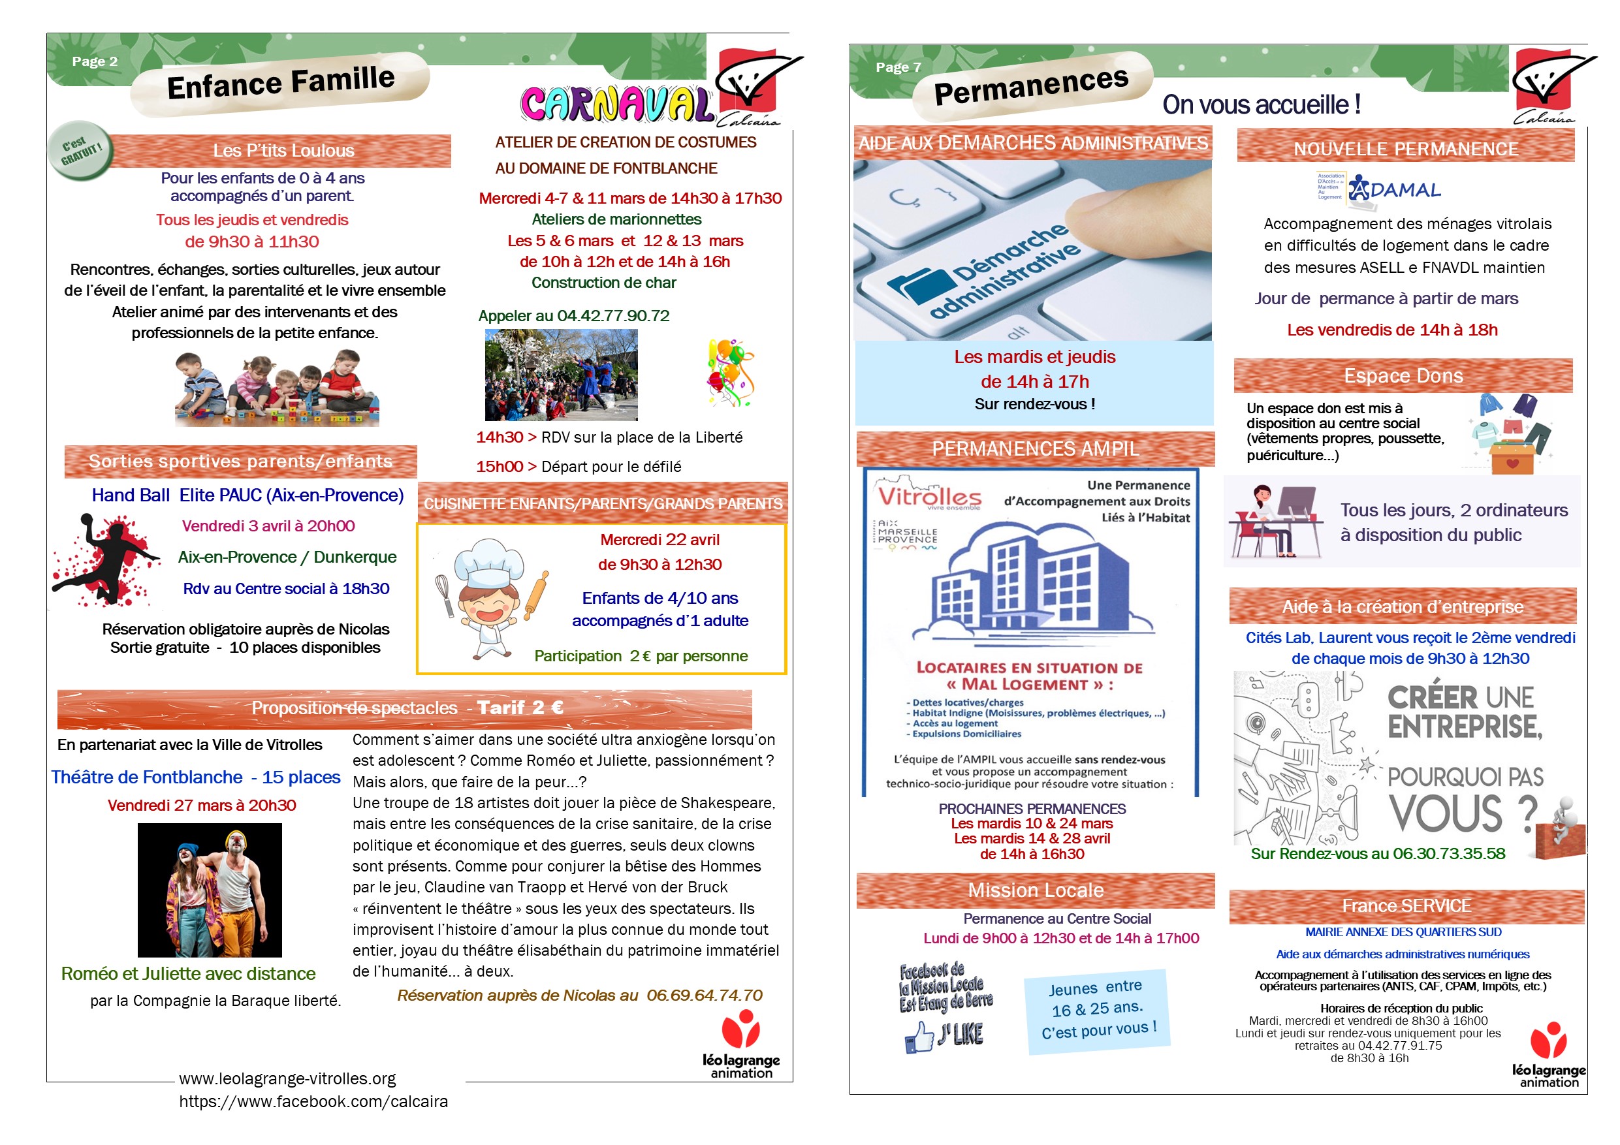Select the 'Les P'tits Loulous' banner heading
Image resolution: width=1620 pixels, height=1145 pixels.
[283, 150]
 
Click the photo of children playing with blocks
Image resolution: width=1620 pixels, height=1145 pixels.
[277, 390]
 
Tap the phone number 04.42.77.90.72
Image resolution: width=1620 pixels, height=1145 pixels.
[613, 316]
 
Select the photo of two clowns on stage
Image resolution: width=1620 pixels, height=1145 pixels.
[210, 890]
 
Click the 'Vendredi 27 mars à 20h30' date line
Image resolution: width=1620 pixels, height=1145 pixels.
[202, 805]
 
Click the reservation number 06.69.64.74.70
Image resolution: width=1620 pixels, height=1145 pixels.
[704, 996]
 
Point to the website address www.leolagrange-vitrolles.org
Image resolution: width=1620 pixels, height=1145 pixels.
[287, 1078]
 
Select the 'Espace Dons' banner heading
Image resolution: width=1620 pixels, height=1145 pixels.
[1403, 376]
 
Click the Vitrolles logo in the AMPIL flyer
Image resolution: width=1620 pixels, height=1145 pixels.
[929, 497]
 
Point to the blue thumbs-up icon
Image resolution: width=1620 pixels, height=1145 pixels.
[919, 1038]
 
